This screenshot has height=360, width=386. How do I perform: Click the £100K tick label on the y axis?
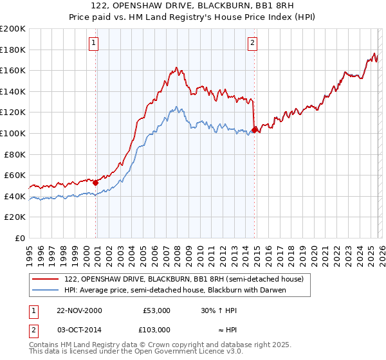pyautogui.click(x=13, y=133)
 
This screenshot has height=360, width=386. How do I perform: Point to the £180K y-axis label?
pyautogui.click(x=13, y=50)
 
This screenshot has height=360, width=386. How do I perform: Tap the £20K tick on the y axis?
pyautogui.click(x=15, y=217)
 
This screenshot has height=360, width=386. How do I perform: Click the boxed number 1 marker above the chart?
pyautogui.click(x=94, y=43)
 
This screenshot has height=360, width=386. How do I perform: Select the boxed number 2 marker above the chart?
pyautogui.click(x=252, y=43)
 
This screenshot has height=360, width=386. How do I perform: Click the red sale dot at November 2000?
pyautogui.click(x=96, y=183)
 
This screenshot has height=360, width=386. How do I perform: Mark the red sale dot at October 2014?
pyautogui.click(x=255, y=130)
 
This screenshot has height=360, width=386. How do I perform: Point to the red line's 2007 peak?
pyautogui.click(x=176, y=66)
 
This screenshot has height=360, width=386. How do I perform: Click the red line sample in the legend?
pyautogui.click(x=46, y=279)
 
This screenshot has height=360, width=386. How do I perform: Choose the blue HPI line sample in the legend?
pyautogui.click(x=46, y=290)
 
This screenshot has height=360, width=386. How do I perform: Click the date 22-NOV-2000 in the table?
pyautogui.click(x=79, y=310)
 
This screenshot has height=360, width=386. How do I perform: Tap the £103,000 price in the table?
pyautogui.click(x=156, y=329)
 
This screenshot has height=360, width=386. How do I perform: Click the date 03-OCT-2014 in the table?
pyautogui.click(x=79, y=329)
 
